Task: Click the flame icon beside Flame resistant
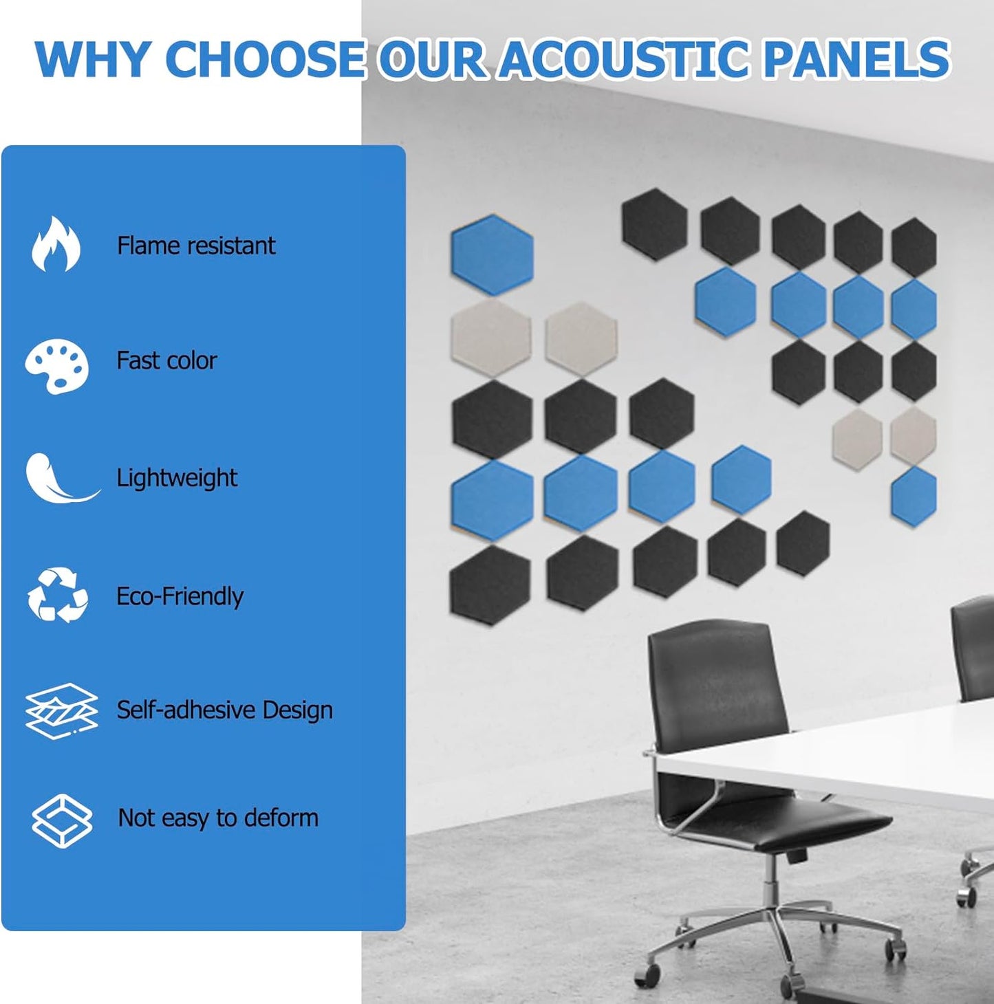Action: coord(56,244)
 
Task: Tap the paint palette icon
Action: coord(57,365)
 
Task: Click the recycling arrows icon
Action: coord(58,595)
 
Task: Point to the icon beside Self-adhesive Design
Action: coord(61,710)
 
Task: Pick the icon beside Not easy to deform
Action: coord(62,819)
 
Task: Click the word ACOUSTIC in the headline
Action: coord(623,59)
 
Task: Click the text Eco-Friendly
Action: coord(180,596)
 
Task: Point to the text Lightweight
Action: coord(177,478)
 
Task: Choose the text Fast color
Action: coord(166,360)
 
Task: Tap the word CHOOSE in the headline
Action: coord(265,59)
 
